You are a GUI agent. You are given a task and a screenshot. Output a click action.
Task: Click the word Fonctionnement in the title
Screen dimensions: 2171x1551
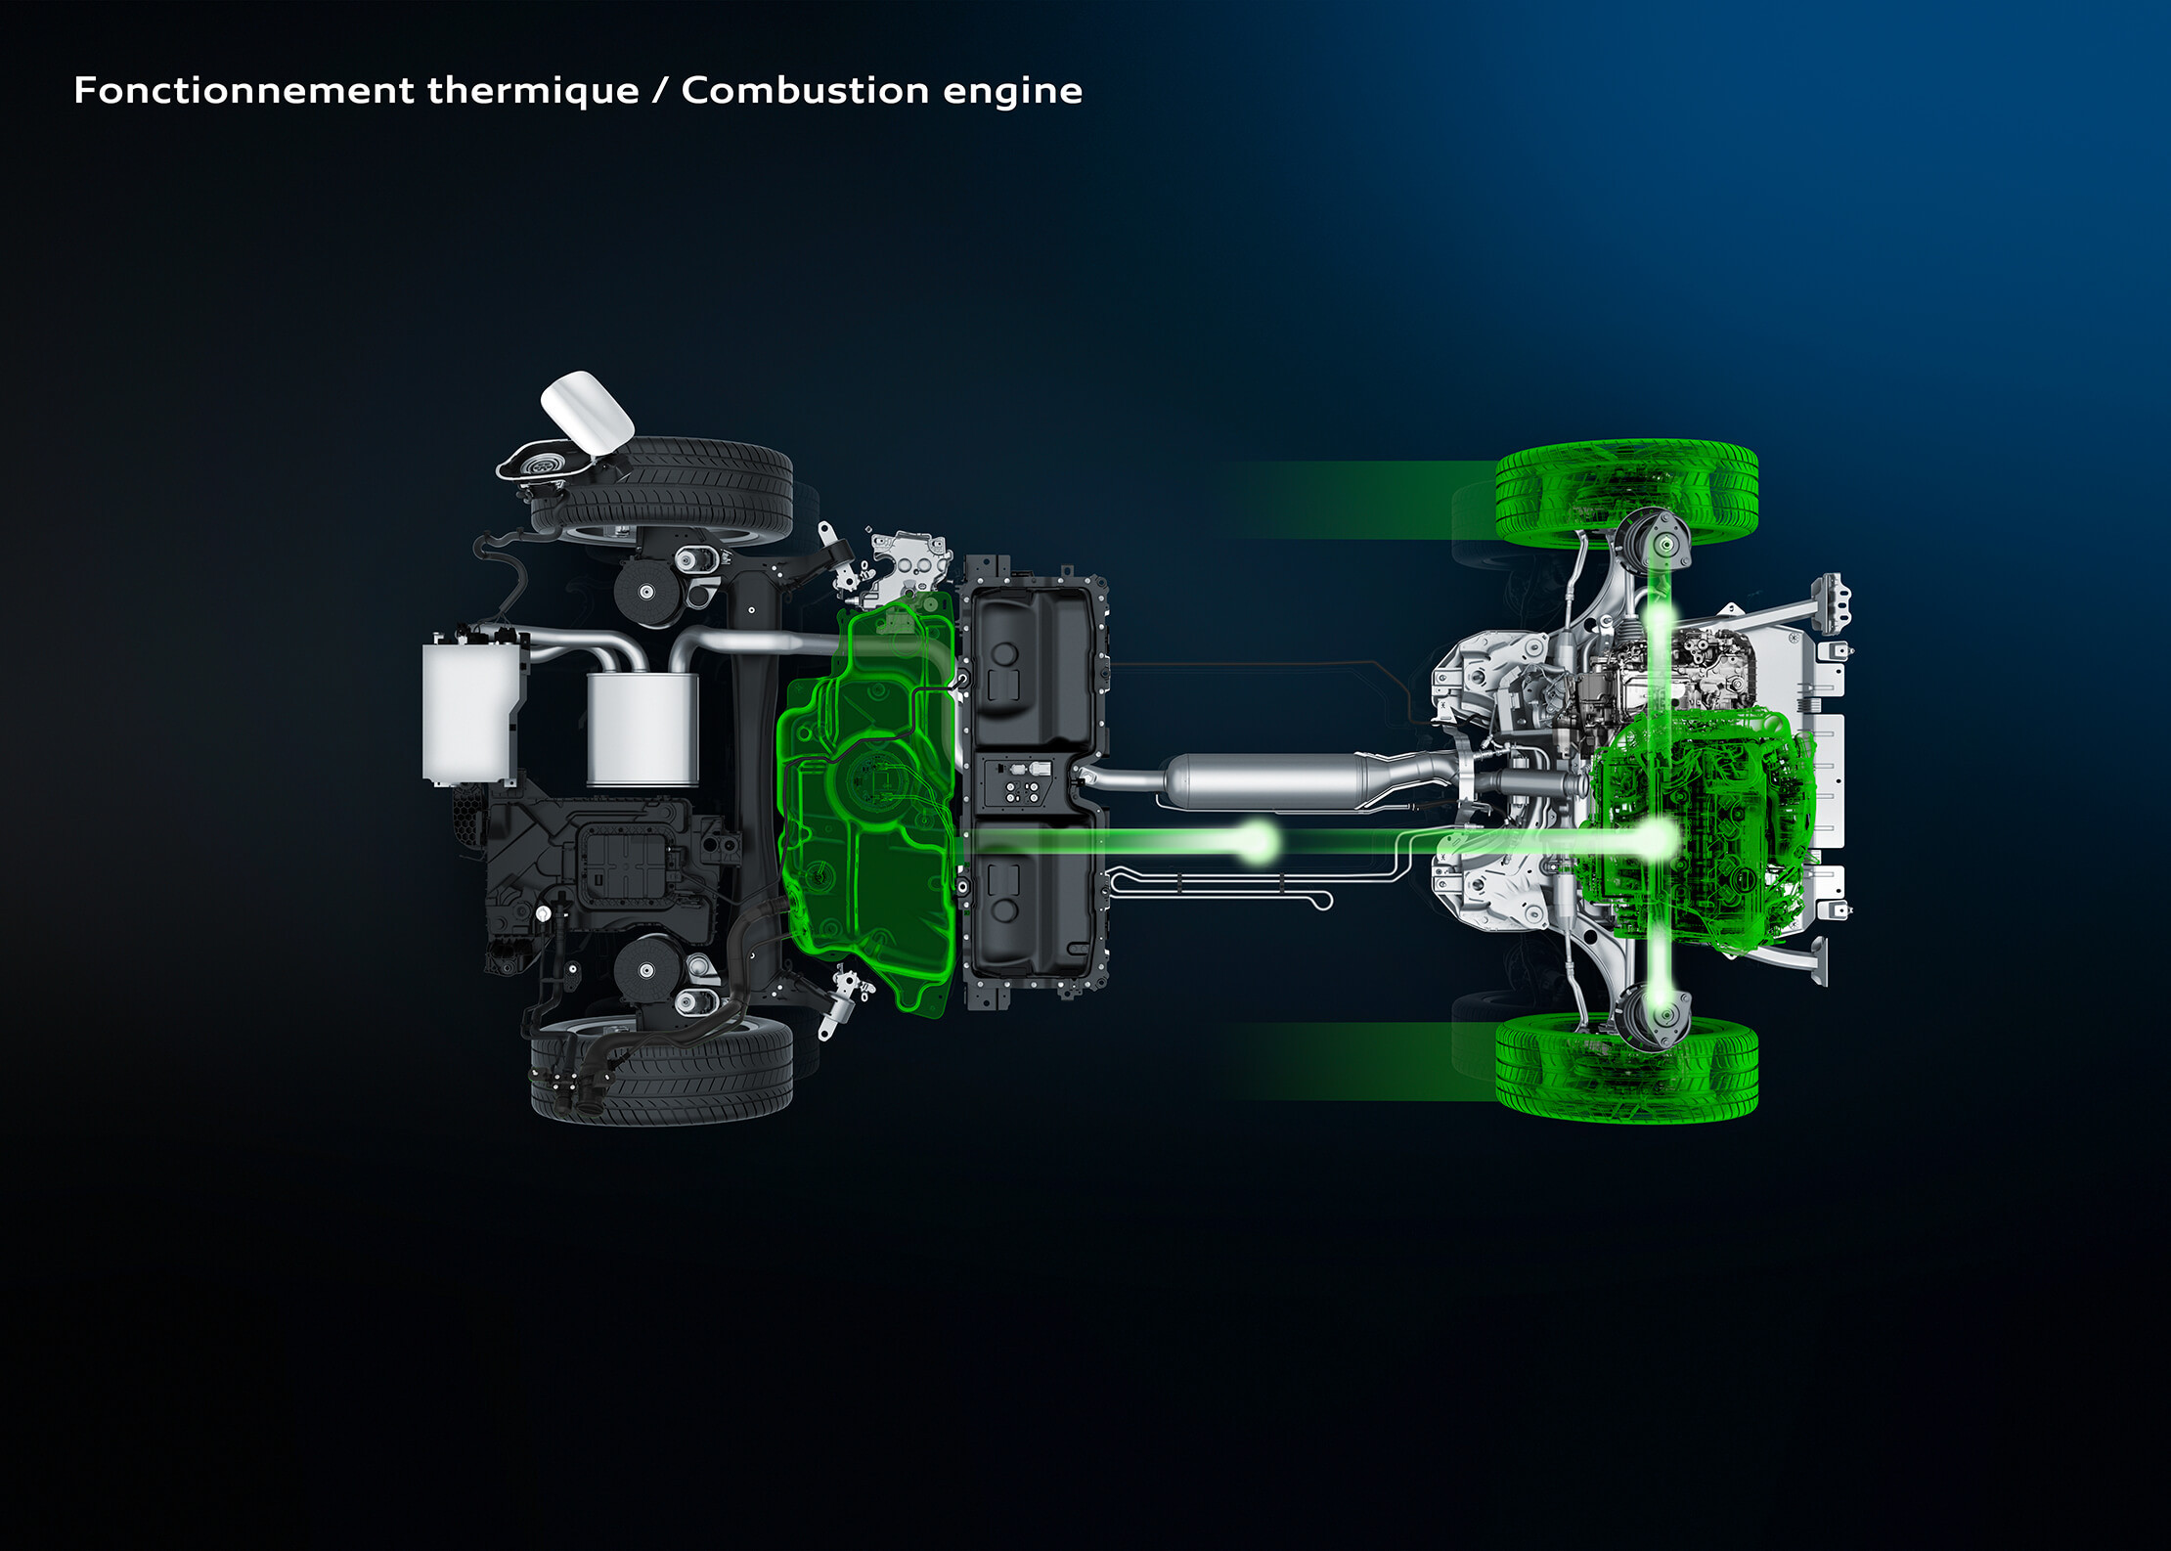click(244, 90)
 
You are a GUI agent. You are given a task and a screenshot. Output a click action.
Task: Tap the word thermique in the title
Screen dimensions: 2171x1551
click(533, 90)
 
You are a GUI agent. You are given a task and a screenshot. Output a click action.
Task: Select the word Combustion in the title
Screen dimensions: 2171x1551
click(805, 90)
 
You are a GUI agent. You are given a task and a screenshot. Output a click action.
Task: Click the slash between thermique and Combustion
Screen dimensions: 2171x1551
click(660, 90)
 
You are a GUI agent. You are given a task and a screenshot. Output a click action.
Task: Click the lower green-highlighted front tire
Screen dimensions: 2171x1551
click(1626, 1068)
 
